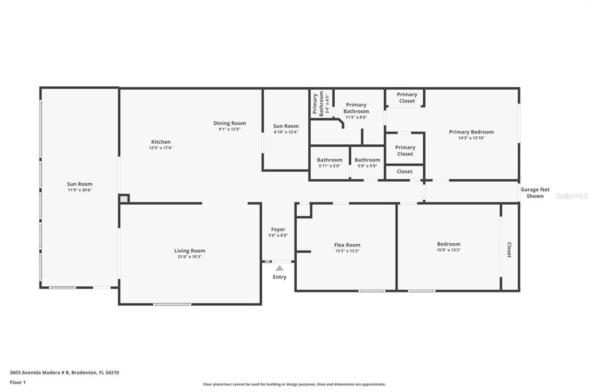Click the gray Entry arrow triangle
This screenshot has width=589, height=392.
(x=280, y=268)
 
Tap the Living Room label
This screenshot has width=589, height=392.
(x=190, y=251)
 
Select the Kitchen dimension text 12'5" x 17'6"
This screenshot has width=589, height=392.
(x=161, y=148)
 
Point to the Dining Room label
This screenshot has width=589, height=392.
(x=230, y=123)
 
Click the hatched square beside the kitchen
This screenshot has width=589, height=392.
(x=124, y=199)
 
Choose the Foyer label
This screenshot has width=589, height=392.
(x=278, y=229)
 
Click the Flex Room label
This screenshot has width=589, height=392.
(x=347, y=245)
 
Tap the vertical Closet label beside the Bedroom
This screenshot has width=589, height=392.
(x=510, y=249)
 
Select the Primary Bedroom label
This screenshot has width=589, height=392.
(x=472, y=132)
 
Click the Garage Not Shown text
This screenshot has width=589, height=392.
(x=535, y=193)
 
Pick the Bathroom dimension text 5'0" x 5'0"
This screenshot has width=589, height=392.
(x=367, y=166)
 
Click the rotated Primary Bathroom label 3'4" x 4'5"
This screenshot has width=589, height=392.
(x=320, y=103)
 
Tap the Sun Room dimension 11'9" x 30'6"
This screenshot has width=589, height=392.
(x=79, y=190)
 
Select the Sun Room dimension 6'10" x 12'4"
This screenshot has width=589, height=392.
(x=286, y=132)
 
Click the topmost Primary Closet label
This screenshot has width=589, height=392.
(x=407, y=98)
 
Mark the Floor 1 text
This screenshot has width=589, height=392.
(x=18, y=382)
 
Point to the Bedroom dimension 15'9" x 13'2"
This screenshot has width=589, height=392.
(x=449, y=250)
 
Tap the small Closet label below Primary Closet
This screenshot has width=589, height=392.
(x=404, y=171)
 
